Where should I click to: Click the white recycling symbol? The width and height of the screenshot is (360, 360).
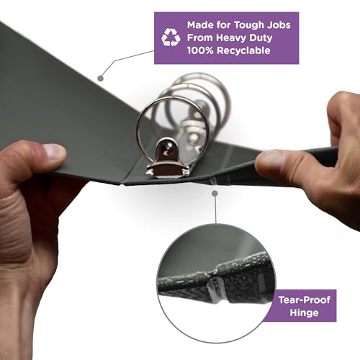pos(171,37)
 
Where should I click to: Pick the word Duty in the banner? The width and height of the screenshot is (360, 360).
pos(261,38)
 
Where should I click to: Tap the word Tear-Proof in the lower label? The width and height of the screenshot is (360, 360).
pos(305,300)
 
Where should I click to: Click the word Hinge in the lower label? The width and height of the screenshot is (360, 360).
pos(304,313)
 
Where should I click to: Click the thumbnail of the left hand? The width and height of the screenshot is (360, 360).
pos(55,152)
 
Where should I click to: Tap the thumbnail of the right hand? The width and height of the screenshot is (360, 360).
pos(269,160)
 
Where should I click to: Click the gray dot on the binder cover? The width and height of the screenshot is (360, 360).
pos(101,78)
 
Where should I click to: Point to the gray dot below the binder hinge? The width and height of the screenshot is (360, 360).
pos(215,193)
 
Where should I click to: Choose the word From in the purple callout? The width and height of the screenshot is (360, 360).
pos(200,38)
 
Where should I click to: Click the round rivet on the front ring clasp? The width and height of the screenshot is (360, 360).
pos(167,149)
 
